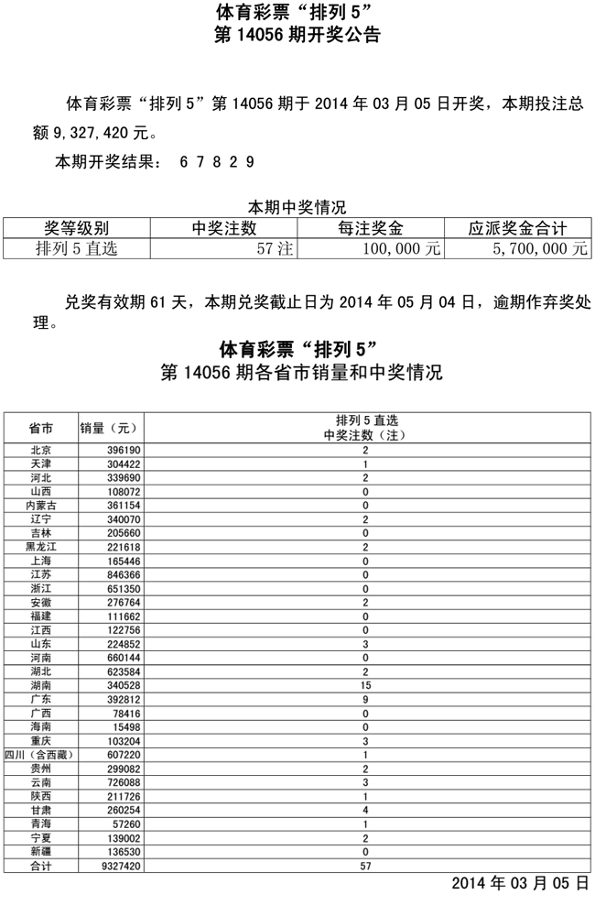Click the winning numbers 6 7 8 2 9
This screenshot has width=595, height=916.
[217, 161]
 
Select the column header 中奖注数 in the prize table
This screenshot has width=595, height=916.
[223, 228]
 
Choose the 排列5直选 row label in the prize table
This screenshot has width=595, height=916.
[77, 248]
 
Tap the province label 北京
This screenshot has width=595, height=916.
[40, 451]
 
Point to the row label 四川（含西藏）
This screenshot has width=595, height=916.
[40, 756]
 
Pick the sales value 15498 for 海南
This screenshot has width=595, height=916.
[124, 727]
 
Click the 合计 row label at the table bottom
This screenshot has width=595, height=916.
[40, 865]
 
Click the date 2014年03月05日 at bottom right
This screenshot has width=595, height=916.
[518, 884]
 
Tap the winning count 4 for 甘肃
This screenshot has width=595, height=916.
[365, 811]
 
